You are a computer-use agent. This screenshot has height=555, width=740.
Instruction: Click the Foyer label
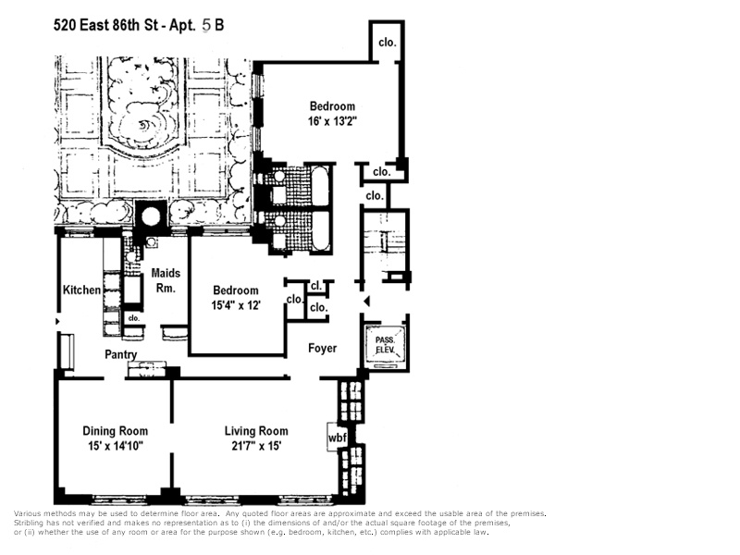click(322, 349)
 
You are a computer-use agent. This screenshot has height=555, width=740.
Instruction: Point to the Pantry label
click(121, 354)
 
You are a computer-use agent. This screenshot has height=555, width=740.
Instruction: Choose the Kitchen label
click(81, 290)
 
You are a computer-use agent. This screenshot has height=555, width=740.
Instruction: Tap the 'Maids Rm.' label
click(166, 281)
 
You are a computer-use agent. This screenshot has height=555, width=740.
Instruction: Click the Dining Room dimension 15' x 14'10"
click(114, 446)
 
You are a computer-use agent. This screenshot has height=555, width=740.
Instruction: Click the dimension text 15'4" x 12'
click(235, 305)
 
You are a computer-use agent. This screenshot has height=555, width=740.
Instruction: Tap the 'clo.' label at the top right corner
click(386, 42)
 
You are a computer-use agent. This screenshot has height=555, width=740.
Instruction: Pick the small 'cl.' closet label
click(315, 286)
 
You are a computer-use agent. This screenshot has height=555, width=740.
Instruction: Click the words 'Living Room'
click(256, 431)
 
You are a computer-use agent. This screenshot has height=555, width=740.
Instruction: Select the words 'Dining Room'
click(115, 431)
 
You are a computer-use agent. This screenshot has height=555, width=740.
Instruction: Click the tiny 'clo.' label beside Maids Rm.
click(133, 318)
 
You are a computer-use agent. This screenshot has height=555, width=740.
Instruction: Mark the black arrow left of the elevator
click(365, 302)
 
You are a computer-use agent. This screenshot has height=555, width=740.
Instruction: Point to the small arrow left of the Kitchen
click(59, 321)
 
